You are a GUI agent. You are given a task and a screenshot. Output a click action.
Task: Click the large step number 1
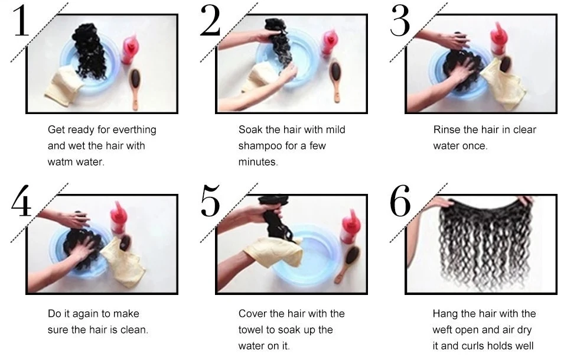(21, 20)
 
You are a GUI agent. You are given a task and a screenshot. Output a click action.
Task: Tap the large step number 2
(210, 20)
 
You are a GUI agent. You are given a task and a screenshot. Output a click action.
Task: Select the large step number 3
(400, 21)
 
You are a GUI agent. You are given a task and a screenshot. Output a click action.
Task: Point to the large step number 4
(21, 200)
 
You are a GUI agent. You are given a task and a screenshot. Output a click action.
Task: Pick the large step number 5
(210, 201)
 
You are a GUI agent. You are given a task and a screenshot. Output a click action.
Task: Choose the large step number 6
(400, 201)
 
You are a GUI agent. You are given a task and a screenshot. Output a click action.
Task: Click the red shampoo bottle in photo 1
(130, 49)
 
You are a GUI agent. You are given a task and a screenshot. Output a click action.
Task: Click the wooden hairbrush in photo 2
(336, 81)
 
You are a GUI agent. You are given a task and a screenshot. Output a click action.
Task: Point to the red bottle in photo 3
(499, 39)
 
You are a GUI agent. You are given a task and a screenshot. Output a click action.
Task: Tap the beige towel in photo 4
(123, 261)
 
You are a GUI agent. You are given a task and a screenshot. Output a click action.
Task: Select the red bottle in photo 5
(349, 226)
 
